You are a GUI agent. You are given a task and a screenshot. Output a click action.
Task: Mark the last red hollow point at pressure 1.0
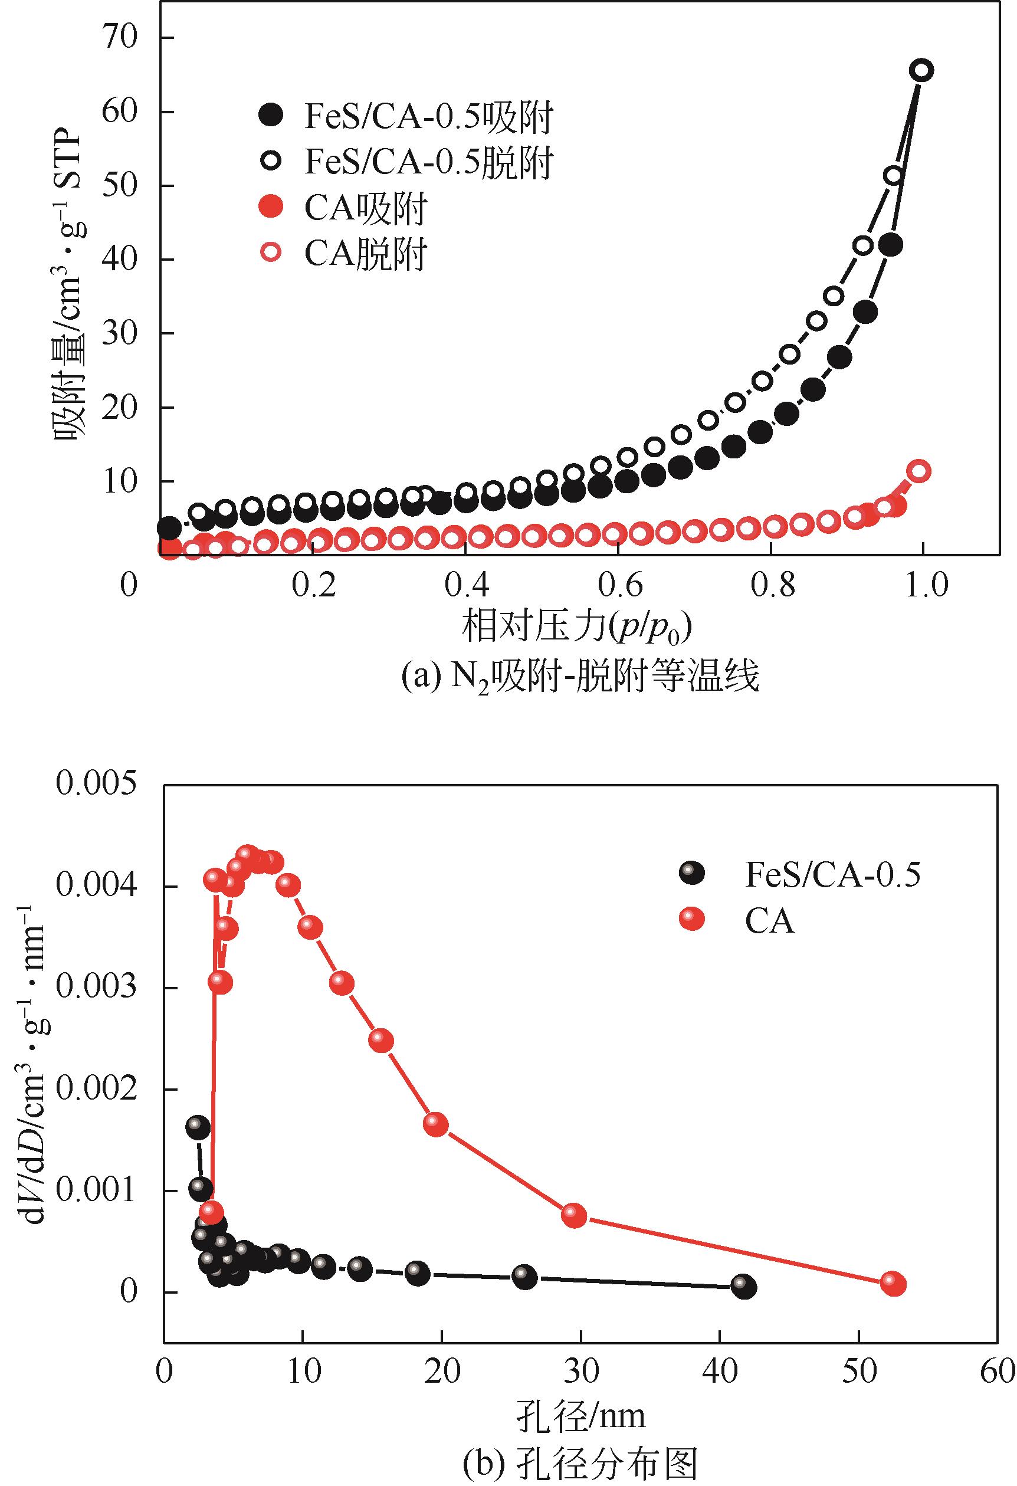[919, 471]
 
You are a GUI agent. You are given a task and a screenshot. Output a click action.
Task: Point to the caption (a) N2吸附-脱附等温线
[580, 677]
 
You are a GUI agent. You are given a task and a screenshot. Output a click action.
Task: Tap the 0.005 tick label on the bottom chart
[96, 785]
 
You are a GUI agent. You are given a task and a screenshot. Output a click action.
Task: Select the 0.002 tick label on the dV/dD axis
[96, 1088]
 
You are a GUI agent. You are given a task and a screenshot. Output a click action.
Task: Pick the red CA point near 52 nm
[893, 1284]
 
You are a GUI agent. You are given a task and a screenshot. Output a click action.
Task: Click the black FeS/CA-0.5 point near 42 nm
[743, 1287]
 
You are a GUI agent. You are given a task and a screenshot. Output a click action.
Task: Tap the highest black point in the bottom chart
[198, 1127]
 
